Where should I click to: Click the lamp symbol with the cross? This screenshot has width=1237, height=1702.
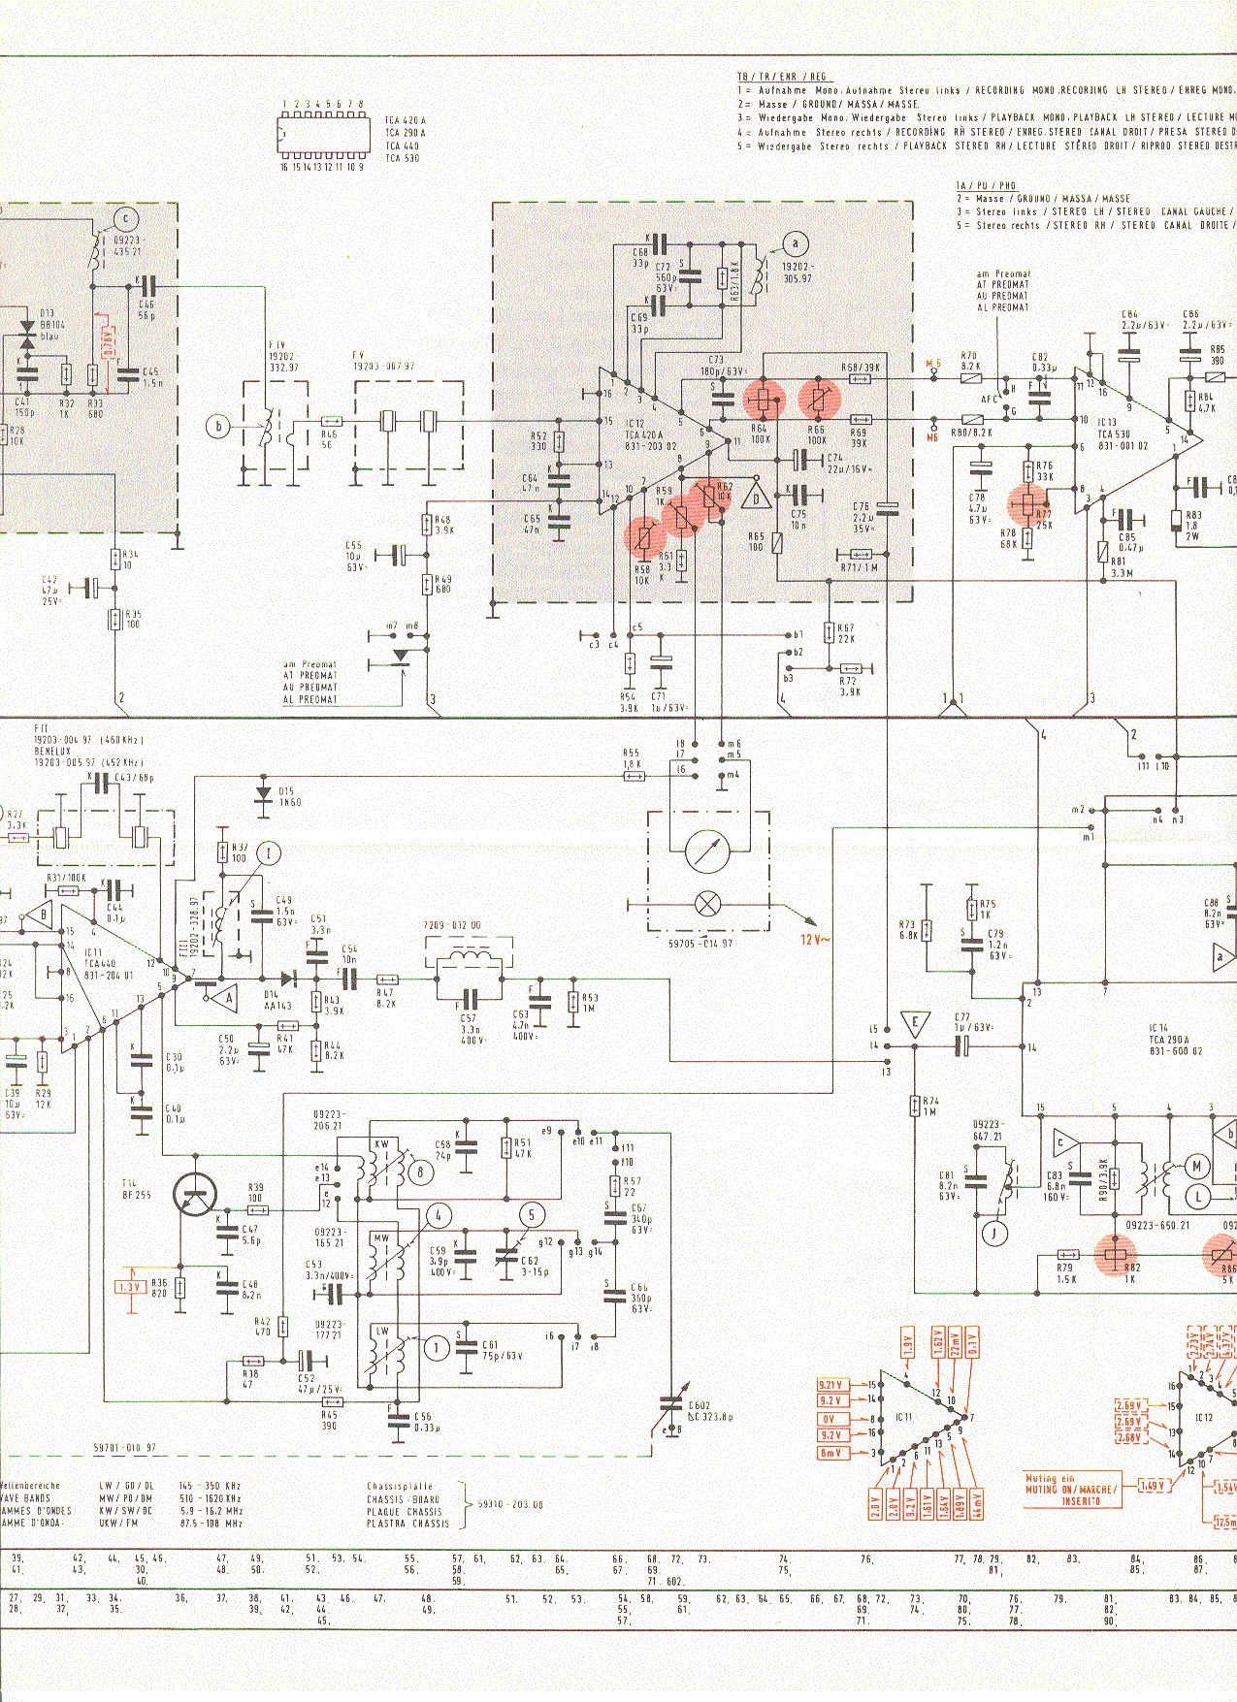click(x=707, y=904)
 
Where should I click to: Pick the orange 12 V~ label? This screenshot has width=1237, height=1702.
click(x=815, y=939)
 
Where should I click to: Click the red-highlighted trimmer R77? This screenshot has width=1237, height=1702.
click(x=1028, y=503)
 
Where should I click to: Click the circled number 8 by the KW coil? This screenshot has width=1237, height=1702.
click(x=420, y=1172)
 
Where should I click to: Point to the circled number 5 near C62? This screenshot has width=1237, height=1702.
click(x=531, y=1214)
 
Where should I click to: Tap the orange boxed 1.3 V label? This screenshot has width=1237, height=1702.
click(x=128, y=1286)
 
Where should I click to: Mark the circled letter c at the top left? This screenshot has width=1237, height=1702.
click(x=124, y=218)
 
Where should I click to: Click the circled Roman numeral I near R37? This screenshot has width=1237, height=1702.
click(x=272, y=852)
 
